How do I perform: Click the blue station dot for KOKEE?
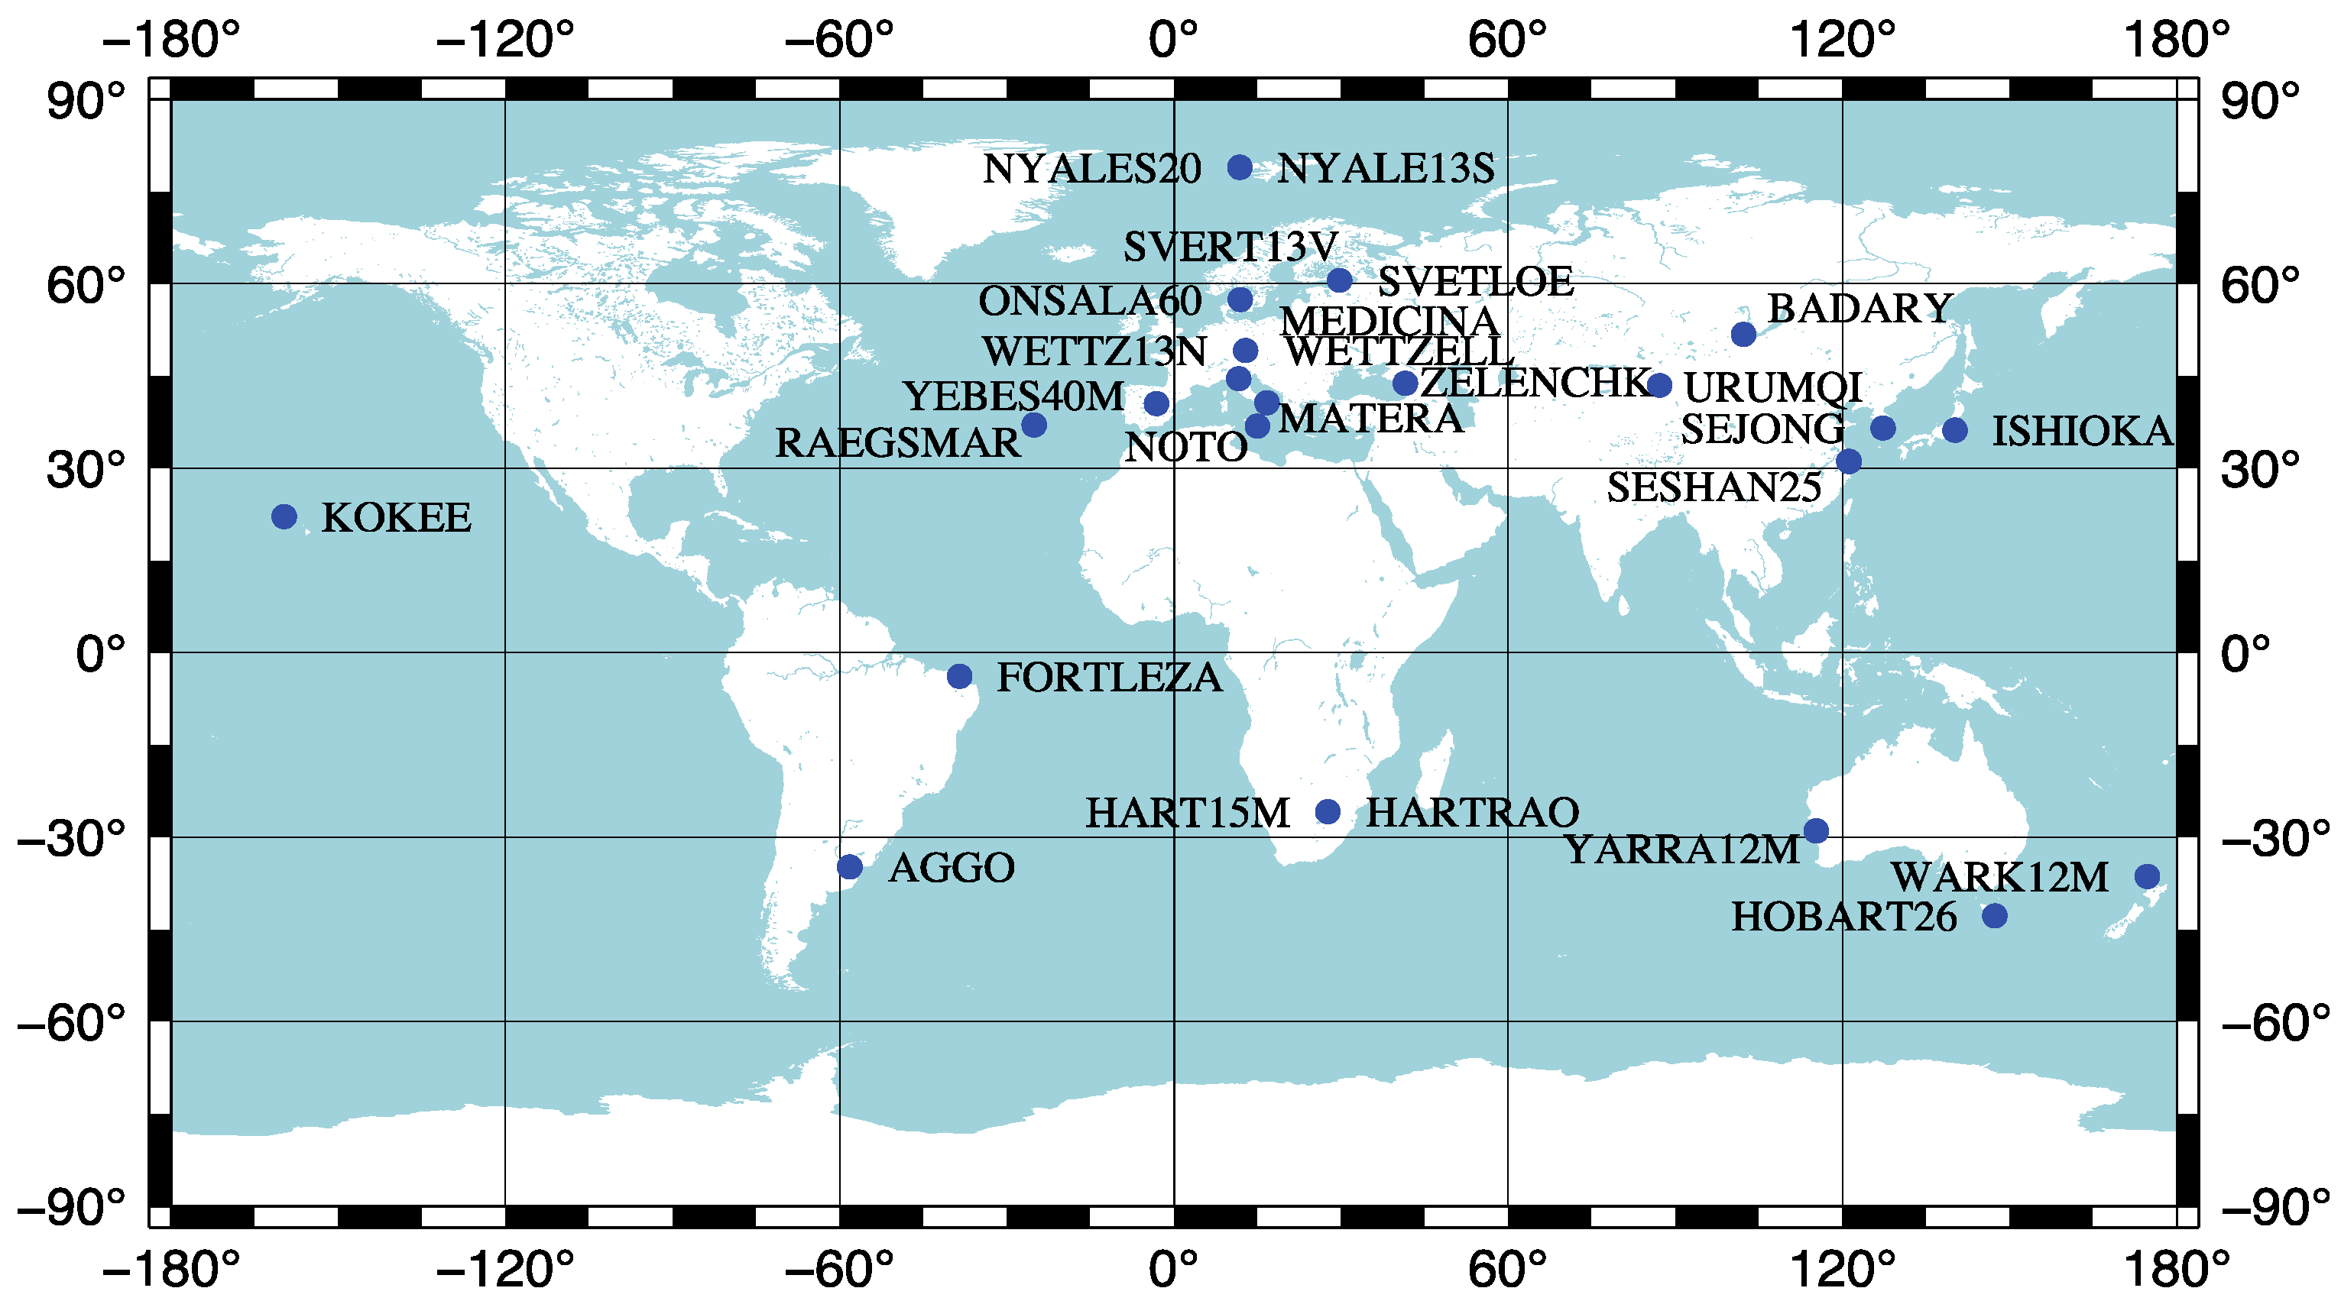point(284,517)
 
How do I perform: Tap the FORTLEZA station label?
point(1109,678)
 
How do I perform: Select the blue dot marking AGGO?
point(850,867)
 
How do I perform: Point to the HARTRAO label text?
point(1472,812)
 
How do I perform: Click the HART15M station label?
point(1187,813)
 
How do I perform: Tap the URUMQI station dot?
point(1659,385)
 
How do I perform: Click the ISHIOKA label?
point(2081,432)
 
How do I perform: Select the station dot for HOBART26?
point(1995,916)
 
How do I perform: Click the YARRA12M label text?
point(1681,850)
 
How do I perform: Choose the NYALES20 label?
point(1091,169)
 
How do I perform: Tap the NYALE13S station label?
point(1385,169)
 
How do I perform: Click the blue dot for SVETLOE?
point(1340,280)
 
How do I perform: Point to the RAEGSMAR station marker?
point(1034,424)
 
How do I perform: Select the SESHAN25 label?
point(1714,488)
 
